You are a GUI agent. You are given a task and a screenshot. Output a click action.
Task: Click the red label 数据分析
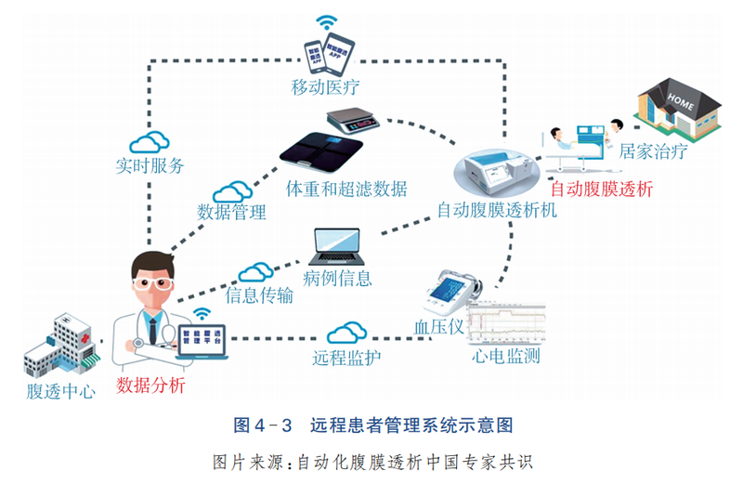[x=150, y=385]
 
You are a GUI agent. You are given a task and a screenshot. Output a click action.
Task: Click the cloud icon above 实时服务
[x=149, y=142]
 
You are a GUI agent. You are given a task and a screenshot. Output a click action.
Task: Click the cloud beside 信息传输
[x=256, y=272]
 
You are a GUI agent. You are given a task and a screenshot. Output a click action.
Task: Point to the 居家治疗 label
[x=653, y=151]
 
